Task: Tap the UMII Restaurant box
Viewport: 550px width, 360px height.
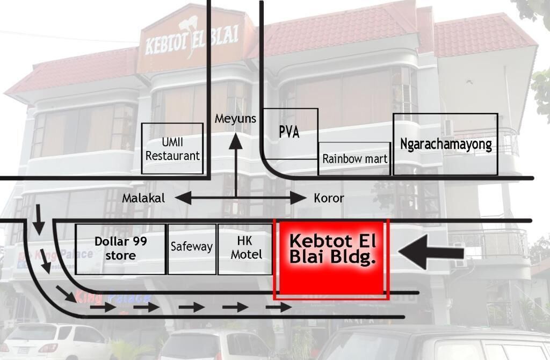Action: pos(172,148)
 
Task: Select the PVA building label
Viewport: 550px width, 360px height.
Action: pos(289,133)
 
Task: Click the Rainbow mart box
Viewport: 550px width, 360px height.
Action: pos(354,159)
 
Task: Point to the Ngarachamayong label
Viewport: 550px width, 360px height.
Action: pos(446,144)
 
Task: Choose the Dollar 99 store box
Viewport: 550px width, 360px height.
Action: pos(120,248)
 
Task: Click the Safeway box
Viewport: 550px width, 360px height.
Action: pos(192,248)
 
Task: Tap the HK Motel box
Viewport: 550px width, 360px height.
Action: pos(246,248)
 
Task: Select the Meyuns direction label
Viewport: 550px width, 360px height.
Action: pos(235,119)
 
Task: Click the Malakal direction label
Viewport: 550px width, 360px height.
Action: pos(143,198)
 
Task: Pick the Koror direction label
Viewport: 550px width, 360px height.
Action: pos(329,198)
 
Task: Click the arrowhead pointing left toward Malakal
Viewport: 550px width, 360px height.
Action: pos(182,198)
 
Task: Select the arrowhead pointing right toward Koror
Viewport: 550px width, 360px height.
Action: pos(298,198)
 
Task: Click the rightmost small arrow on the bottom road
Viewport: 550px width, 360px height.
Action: pos(279,308)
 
